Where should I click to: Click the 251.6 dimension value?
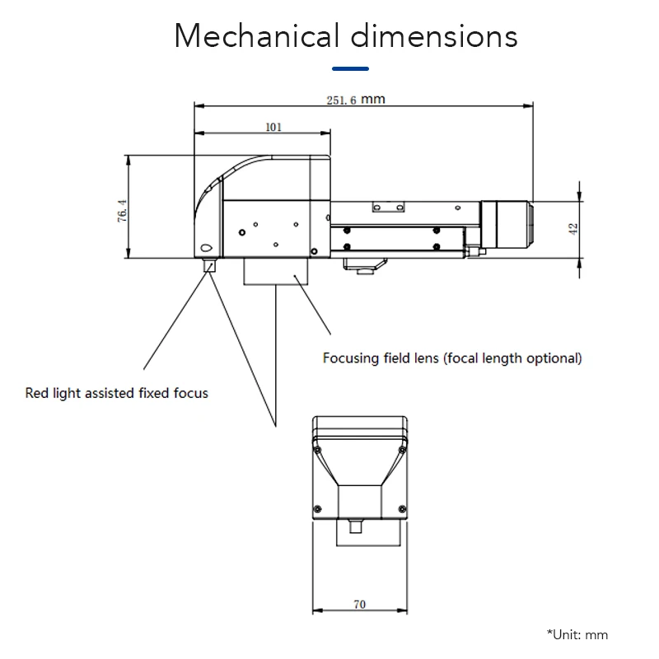tap(342, 100)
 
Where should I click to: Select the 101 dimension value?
tap(273, 127)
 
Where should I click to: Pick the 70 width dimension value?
tap(359, 604)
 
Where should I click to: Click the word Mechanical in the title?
tap(256, 36)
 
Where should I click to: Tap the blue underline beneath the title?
tap(349, 68)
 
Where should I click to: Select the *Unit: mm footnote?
tap(577, 634)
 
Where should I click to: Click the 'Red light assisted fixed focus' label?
tap(116, 393)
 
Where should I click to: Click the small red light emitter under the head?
tap(209, 264)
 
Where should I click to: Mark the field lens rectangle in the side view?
tap(275, 271)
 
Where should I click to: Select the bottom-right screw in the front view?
tap(403, 508)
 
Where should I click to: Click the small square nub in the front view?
tap(358, 525)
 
